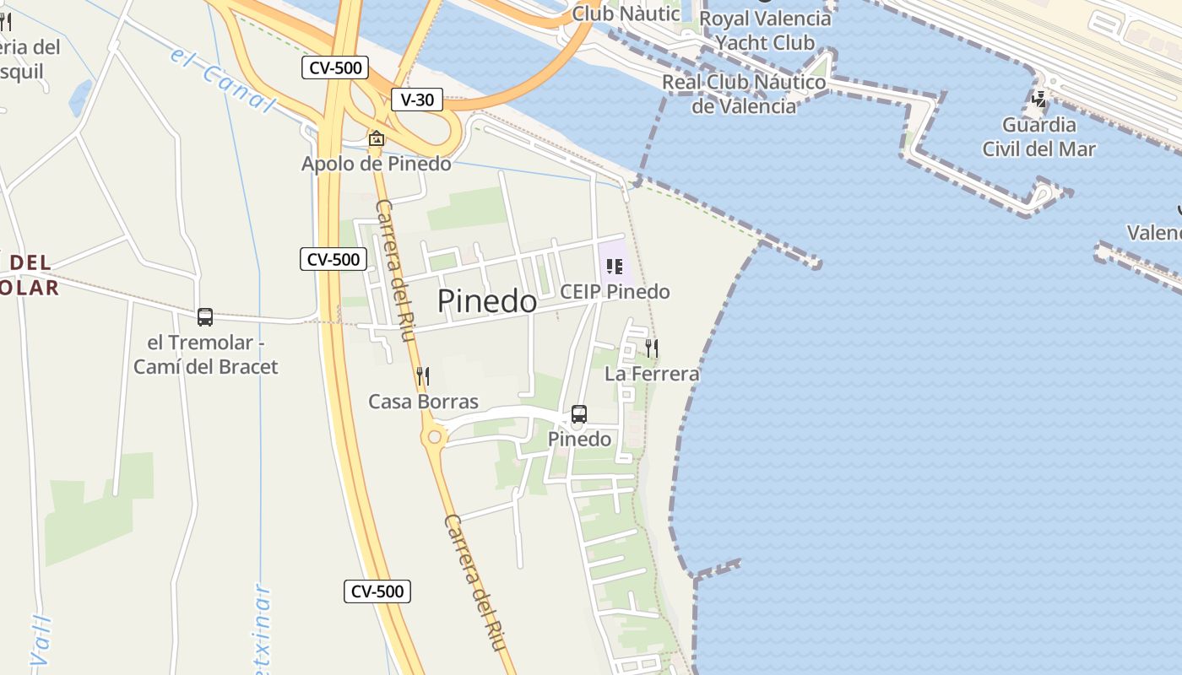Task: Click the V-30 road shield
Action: (x=417, y=100)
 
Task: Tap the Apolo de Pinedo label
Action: (x=377, y=164)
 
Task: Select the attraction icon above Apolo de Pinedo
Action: (x=377, y=138)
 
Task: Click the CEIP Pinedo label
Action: (x=615, y=292)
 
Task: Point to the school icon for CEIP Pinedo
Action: (x=615, y=267)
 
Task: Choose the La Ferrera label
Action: (x=652, y=373)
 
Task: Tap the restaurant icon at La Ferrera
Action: (x=651, y=348)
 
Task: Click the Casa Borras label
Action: (x=423, y=402)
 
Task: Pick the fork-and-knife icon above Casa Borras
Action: (x=423, y=376)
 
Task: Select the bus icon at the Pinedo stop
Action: (x=579, y=414)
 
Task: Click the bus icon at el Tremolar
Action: (x=205, y=317)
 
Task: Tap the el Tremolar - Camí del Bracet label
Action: (x=206, y=355)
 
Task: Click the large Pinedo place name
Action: (x=487, y=301)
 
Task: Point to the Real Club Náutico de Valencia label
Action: (x=744, y=94)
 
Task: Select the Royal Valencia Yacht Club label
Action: (x=765, y=30)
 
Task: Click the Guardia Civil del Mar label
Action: (x=1038, y=138)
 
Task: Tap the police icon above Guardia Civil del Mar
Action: (x=1039, y=99)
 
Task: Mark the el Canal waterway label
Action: (x=224, y=79)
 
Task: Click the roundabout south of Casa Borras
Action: (x=435, y=437)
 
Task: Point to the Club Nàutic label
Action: (x=626, y=13)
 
